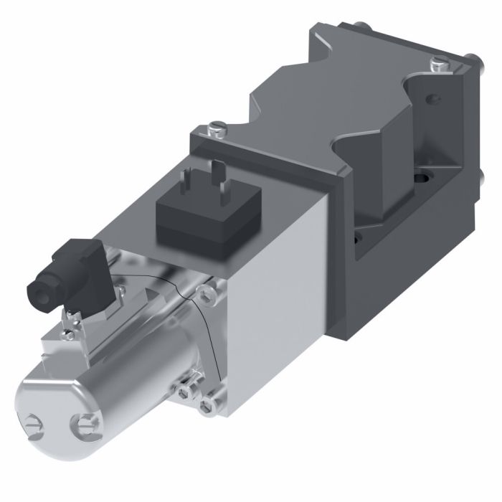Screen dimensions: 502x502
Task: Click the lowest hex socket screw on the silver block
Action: click(207, 407)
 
